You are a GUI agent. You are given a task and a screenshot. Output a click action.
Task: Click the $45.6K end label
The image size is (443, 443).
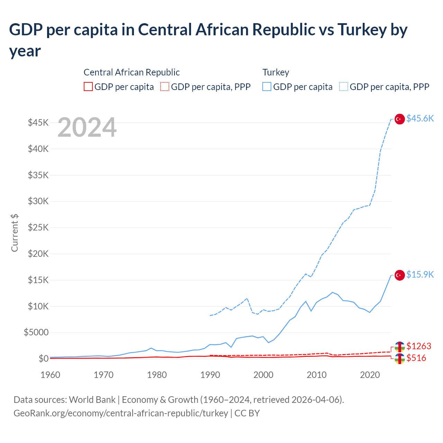pyautogui.click(x=420, y=118)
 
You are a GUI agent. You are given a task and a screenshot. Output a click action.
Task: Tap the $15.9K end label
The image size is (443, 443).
pyautogui.click(x=420, y=274)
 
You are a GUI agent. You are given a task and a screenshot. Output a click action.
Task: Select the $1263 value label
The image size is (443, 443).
pyautogui.click(x=419, y=346)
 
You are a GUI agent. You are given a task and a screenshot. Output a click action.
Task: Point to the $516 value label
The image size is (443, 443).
pyautogui.click(x=416, y=358)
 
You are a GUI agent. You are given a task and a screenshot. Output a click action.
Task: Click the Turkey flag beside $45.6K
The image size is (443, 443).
pyautogui.click(x=400, y=119)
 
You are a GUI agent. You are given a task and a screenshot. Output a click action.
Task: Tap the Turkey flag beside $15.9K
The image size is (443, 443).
pyautogui.click(x=400, y=275)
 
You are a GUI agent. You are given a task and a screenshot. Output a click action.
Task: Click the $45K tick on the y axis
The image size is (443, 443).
pyautogui.click(x=38, y=123)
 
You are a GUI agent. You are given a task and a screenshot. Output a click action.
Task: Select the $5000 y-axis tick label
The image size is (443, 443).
pyautogui.click(x=36, y=333)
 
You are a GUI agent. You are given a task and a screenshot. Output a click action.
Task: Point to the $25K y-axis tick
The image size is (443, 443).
pyautogui.click(x=38, y=227)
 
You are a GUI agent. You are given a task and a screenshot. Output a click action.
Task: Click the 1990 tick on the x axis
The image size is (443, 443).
pyautogui.click(x=210, y=375)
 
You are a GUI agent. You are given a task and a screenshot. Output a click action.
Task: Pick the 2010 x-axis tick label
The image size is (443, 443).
pyautogui.click(x=317, y=375)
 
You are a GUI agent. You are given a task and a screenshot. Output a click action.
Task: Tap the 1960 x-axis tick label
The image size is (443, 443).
pyautogui.click(x=51, y=375)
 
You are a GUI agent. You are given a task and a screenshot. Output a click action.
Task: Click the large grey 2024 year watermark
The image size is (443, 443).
pyautogui.click(x=87, y=128)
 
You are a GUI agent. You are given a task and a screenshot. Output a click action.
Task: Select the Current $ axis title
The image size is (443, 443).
pyautogui.click(x=15, y=233)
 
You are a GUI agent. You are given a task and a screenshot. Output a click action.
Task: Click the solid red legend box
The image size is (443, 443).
pyautogui.click(x=88, y=87)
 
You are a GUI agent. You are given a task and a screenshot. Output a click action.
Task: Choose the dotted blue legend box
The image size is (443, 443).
pyautogui.click(x=344, y=87)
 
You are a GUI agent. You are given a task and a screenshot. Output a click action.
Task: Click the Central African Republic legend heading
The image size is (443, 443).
pyautogui.click(x=132, y=72)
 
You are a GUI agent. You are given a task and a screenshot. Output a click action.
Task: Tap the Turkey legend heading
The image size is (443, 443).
pyautogui.click(x=275, y=72)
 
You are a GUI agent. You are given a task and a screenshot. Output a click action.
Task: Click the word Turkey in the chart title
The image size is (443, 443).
pyautogui.click(x=362, y=30)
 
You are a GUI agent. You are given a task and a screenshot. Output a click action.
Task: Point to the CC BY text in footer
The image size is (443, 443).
pyautogui.click(x=247, y=413)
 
